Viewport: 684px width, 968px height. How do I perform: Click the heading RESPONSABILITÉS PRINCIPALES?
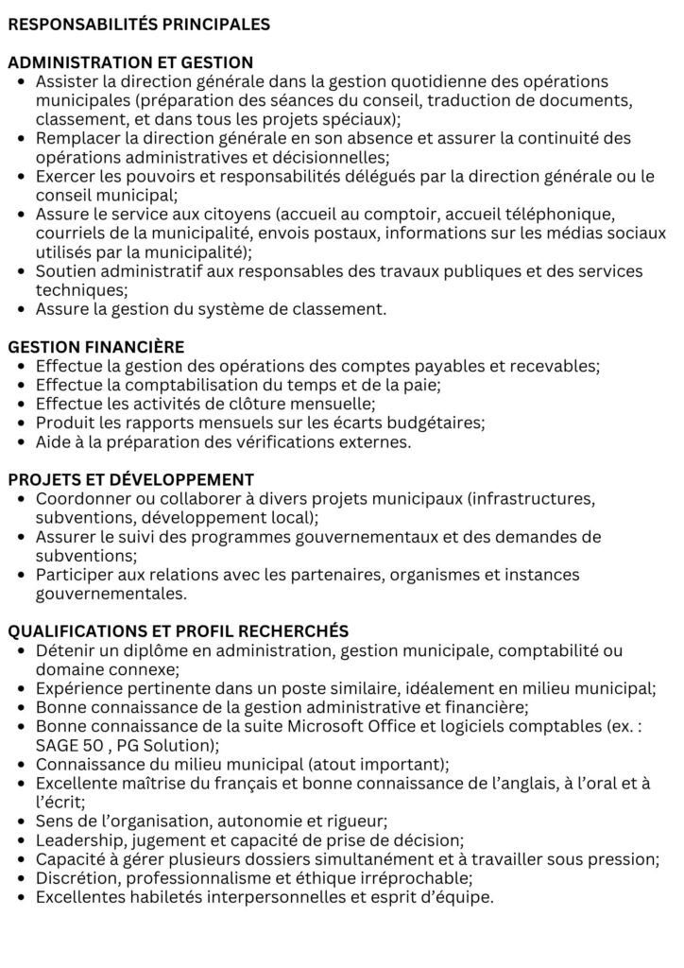click(139, 24)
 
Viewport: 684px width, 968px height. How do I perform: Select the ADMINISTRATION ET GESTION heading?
click(130, 62)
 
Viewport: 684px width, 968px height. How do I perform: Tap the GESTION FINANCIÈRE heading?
click(96, 347)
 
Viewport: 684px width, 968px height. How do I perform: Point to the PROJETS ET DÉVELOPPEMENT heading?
click(130, 479)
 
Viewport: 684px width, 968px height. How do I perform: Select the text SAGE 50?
click(68, 745)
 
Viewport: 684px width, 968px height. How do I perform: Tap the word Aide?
click(53, 441)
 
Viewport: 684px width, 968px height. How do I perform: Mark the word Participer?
click(73, 575)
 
